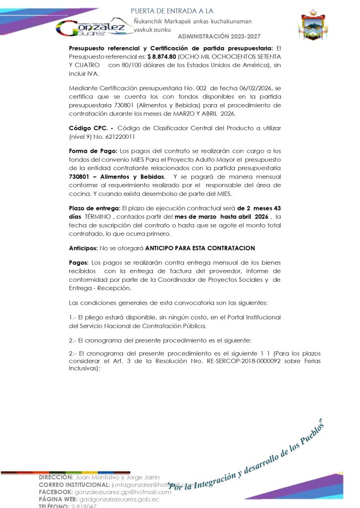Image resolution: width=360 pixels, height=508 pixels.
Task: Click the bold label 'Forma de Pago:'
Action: pos(93,151)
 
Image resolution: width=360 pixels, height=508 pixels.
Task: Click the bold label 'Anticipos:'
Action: pos(83,248)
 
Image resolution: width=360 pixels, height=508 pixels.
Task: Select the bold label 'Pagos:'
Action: pos(79,262)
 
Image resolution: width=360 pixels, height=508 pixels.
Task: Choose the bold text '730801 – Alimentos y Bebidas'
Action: pos(117,177)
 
